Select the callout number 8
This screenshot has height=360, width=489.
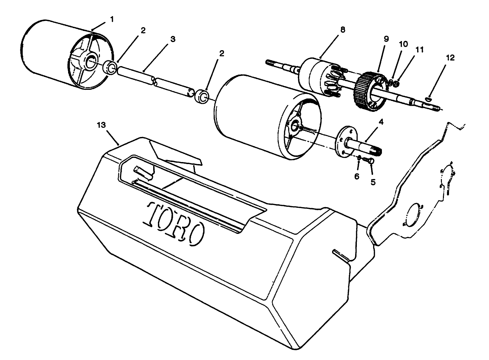(x=343, y=30)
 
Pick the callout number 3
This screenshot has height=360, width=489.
(x=173, y=39)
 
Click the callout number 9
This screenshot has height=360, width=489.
(x=386, y=39)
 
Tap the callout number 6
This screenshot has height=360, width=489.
(x=357, y=176)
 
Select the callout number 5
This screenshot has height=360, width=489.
(x=373, y=182)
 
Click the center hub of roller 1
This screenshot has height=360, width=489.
(x=90, y=62)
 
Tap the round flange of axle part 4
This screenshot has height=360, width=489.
(x=345, y=141)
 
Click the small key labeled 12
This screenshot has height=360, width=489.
(x=428, y=99)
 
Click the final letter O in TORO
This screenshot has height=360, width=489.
(x=196, y=234)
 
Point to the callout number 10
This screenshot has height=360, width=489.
(x=403, y=44)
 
